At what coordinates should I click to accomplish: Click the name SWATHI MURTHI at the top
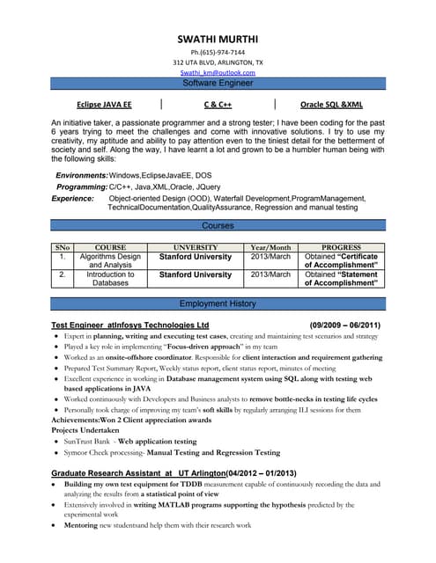click(x=217, y=40)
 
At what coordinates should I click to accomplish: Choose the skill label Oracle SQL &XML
click(x=331, y=104)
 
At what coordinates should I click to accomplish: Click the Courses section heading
click(x=218, y=226)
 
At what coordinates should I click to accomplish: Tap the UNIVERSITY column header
click(x=195, y=248)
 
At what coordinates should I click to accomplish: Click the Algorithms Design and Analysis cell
click(x=110, y=260)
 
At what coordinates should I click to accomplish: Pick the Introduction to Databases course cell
click(x=110, y=279)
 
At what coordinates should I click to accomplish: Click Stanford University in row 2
click(x=195, y=275)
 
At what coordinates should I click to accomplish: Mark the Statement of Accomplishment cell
click(x=341, y=279)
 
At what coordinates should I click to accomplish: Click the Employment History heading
click(x=218, y=303)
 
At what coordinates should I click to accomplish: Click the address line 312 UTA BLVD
click(x=218, y=62)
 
